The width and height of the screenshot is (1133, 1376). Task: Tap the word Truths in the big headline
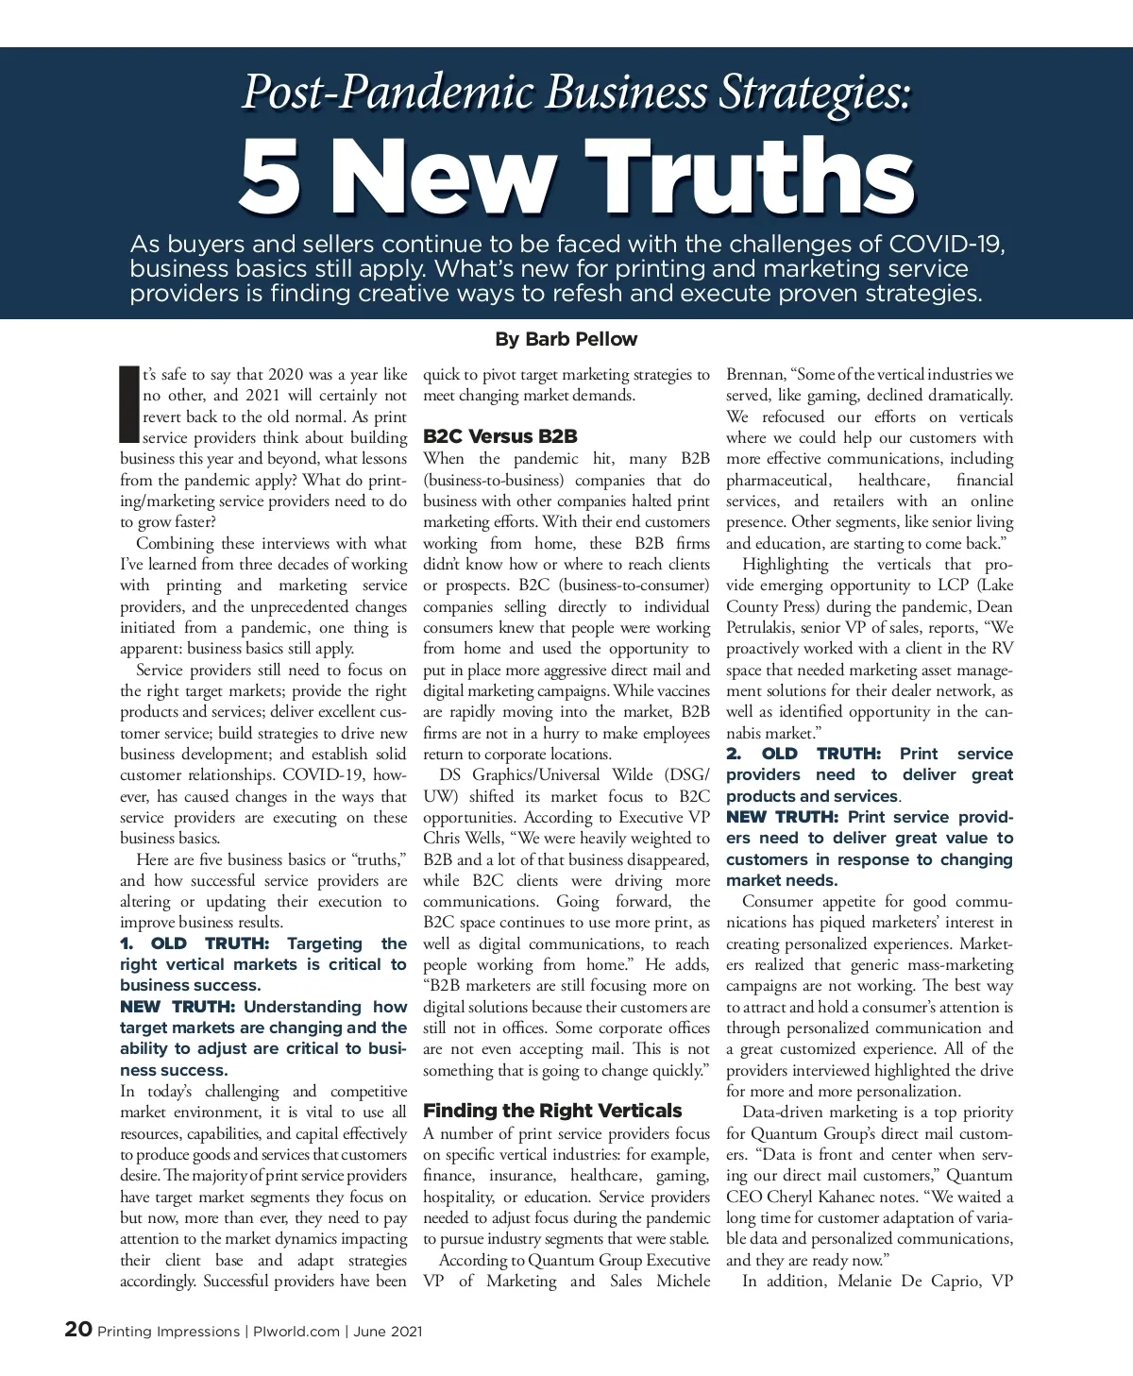click(x=756, y=178)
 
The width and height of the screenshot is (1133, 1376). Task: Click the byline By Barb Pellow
click(x=566, y=339)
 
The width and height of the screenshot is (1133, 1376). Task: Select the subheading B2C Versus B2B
click(x=499, y=436)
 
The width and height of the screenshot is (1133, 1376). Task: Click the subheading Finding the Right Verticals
click(x=552, y=1111)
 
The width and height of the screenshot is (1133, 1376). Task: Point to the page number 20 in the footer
click(x=78, y=1330)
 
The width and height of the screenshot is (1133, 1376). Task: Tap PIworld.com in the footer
click(x=296, y=1332)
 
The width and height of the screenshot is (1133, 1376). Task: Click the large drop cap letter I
click(x=129, y=403)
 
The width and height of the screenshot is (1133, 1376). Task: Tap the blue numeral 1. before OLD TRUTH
click(x=127, y=943)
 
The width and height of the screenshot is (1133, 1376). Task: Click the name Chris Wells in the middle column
click(x=465, y=839)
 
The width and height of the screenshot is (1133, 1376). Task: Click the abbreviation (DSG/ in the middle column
click(x=686, y=775)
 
